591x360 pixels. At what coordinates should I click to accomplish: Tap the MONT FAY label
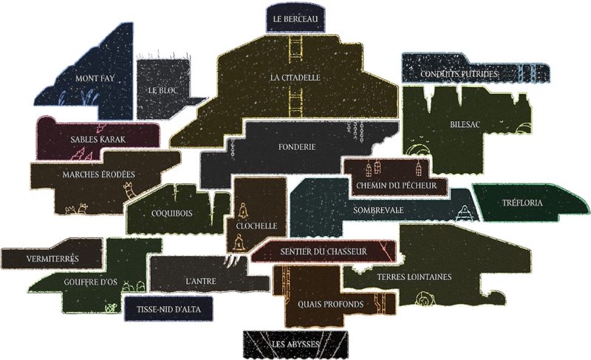coord(95,78)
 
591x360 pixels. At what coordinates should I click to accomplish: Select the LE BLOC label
coord(163,90)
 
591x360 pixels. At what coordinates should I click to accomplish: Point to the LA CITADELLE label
coord(295,77)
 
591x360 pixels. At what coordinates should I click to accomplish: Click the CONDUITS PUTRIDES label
coord(459,74)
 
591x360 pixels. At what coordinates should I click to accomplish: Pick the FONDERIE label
coord(298,147)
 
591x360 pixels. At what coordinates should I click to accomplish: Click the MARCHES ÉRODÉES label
coord(93,174)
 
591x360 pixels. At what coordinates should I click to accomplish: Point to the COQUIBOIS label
coord(171,211)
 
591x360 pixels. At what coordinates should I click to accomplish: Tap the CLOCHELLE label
coord(256,225)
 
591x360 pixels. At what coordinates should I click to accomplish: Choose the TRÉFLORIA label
coord(522,203)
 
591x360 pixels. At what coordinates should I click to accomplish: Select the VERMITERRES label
coord(52,259)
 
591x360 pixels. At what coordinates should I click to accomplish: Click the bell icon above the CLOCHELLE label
coord(242,209)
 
